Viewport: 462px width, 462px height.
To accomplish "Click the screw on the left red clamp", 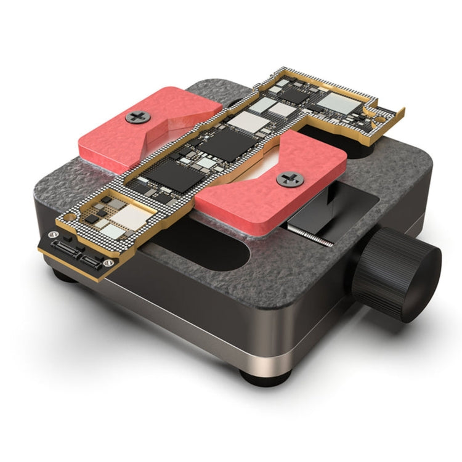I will click(137, 116).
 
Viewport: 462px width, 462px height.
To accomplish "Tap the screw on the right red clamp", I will click(290, 179).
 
